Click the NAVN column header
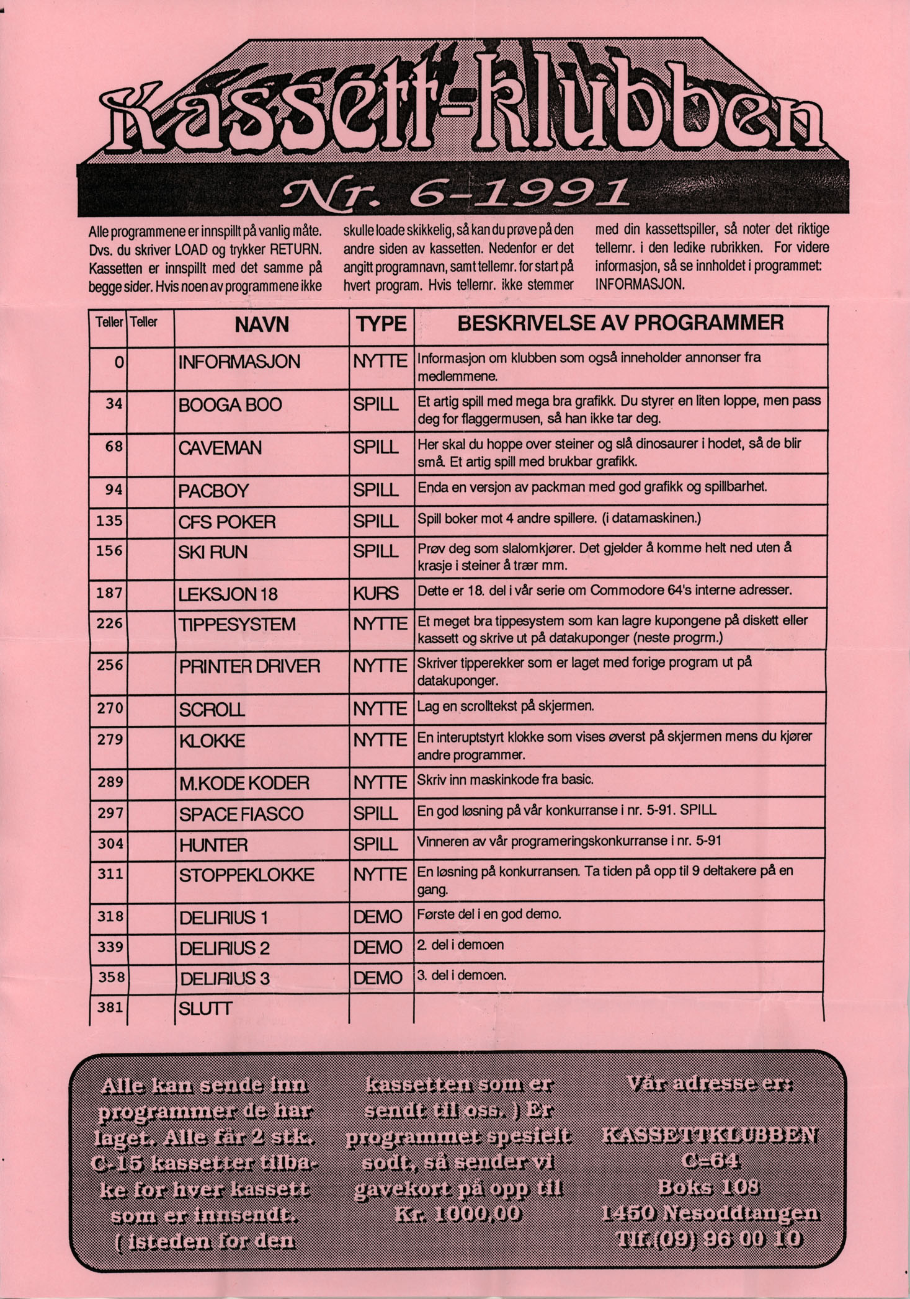262,324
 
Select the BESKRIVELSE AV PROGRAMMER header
620,323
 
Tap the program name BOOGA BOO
230,405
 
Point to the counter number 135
109,520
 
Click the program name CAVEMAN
220,448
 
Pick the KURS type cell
376,594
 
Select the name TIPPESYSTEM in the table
238,624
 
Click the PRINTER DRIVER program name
249,667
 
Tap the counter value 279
110,739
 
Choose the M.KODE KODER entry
244,783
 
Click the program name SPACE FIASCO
241,814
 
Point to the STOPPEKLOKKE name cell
246,875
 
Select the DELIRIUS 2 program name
225,949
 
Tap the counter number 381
110,1008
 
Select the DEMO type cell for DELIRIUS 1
378,917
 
